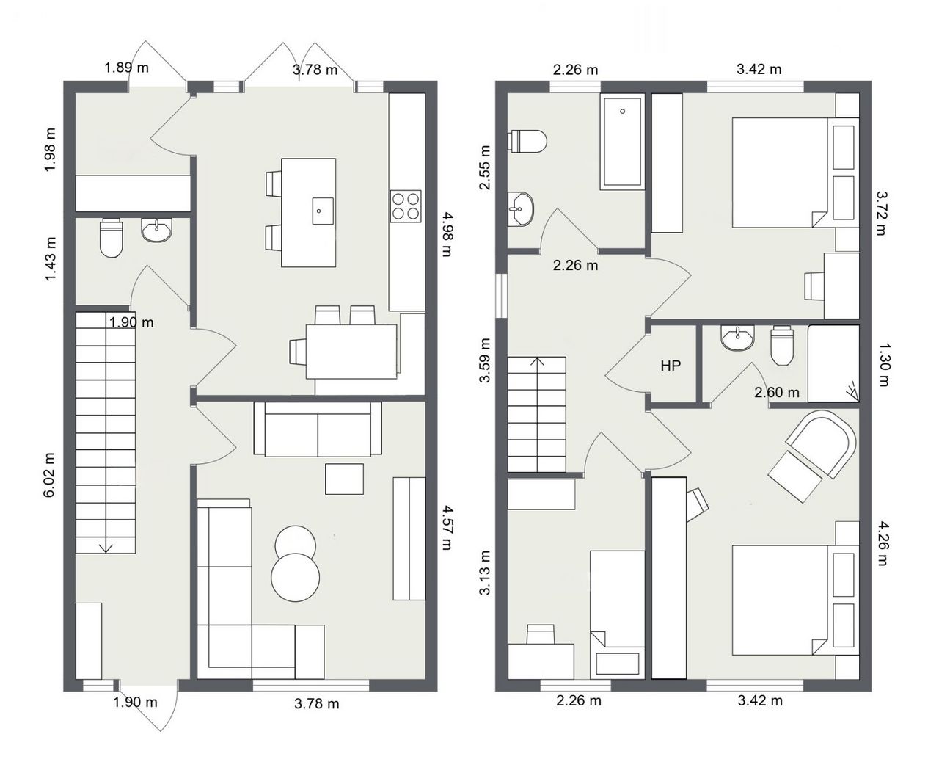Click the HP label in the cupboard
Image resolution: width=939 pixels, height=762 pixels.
(671, 366)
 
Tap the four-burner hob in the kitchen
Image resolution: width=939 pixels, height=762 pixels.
(406, 206)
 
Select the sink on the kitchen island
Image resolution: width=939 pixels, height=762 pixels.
(323, 211)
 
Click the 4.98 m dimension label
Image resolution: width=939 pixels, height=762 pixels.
(447, 234)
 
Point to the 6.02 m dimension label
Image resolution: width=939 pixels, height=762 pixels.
(49, 475)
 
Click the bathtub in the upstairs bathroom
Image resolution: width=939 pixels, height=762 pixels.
(622, 142)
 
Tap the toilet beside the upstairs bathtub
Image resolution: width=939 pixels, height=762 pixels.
(527, 141)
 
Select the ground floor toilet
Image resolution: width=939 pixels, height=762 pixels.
(111, 238)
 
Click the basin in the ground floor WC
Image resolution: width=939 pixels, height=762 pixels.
(156, 230)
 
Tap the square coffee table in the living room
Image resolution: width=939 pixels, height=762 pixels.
(344, 479)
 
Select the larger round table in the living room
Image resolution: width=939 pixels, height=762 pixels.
(296, 578)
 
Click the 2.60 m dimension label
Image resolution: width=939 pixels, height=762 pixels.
(777, 392)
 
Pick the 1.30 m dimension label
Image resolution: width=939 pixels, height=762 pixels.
(883, 365)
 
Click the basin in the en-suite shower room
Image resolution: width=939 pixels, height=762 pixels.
(737, 338)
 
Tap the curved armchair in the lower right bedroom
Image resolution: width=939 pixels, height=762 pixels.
(820, 444)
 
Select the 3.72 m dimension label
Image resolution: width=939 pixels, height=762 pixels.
(881, 214)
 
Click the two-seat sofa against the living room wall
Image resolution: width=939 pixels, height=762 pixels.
(318, 429)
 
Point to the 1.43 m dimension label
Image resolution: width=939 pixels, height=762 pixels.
(51, 259)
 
